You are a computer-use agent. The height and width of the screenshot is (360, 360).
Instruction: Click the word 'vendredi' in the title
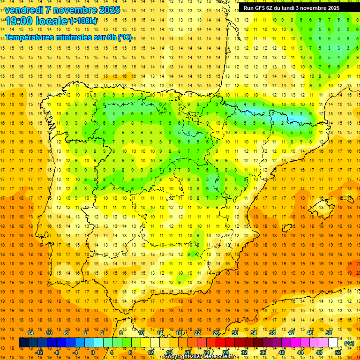click(x=24, y=10)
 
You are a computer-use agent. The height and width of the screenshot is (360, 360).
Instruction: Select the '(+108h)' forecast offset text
click(x=83, y=21)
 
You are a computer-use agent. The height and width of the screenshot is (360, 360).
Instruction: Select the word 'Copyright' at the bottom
click(x=177, y=357)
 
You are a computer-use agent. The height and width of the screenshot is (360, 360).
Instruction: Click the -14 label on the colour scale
click(x=30, y=333)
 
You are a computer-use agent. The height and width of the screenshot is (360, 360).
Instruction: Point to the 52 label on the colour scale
click(x=338, y=352)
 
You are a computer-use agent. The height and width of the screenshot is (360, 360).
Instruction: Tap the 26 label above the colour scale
click(x=216, y=333)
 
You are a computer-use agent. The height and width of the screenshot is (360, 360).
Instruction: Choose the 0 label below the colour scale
click(x=92, y=352)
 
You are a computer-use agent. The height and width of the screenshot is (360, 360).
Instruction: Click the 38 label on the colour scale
click(x=272, y=333)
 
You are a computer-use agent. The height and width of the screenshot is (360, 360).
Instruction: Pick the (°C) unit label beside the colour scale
click(x=349, y=343)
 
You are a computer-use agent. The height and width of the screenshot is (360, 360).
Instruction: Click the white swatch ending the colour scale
click(x=333, y=343)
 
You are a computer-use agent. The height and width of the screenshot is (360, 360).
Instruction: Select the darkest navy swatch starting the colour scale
click(x=23, y=343)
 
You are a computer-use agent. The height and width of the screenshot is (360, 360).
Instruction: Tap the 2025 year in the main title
click(x=107, y=10)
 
